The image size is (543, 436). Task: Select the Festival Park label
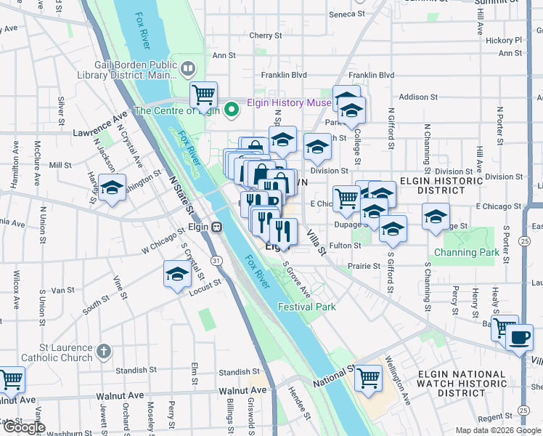coord(306,307)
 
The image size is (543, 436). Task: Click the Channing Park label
coord(467,252)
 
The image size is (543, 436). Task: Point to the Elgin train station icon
coord(216,227)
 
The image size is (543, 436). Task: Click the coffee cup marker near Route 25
coord(520,338)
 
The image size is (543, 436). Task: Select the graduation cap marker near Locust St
coord(176,275)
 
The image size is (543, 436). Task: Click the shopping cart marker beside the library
coord(204,94)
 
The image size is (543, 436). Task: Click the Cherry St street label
coord(265,35)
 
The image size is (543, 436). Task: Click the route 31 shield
coord(216,259)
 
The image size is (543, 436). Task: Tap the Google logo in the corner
coord(24,427)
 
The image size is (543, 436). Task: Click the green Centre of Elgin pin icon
coord(232,110)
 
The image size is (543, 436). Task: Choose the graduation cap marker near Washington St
coord(113,187)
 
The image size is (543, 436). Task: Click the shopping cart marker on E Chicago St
coord(347,198)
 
